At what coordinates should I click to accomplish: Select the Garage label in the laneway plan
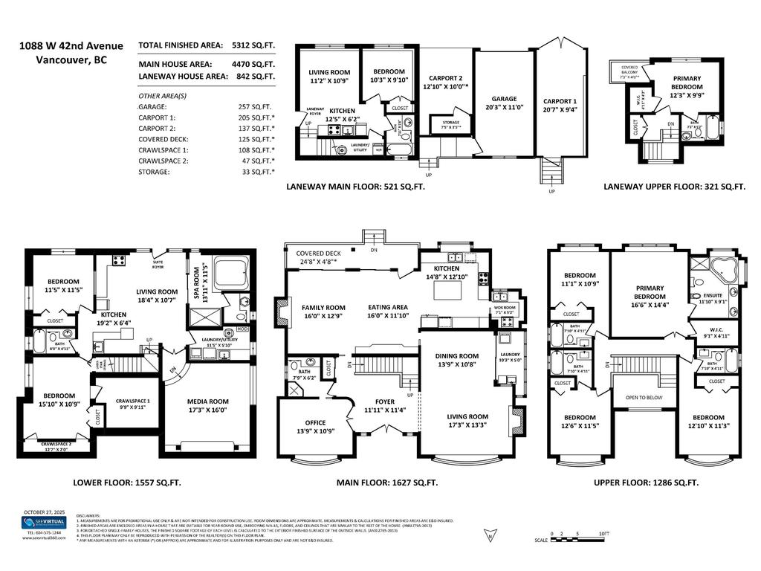tap(504, 99)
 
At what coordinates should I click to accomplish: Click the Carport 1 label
tap(559, 101)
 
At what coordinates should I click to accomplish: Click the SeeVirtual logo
tap(43, 523)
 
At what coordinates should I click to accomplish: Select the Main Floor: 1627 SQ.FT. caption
tap(386, 483)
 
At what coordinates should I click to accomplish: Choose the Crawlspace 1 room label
tap(132, 401)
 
